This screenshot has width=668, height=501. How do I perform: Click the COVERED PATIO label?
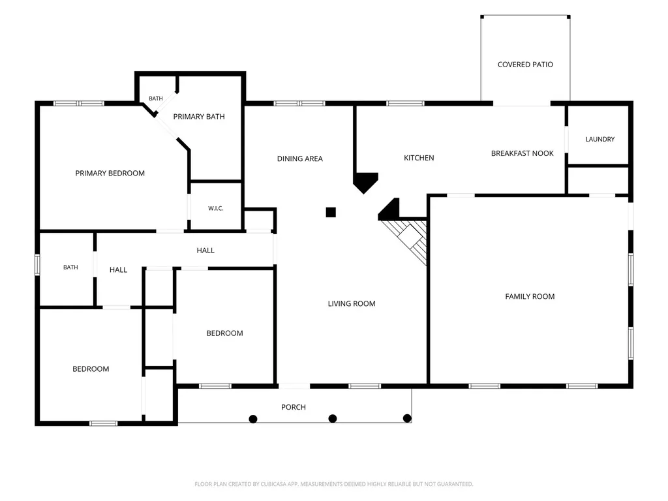click(x=525, y=65)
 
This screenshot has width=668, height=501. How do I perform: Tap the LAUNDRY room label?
click(x=600, y=140)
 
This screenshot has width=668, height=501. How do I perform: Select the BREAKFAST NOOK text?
click(x=523, y=153)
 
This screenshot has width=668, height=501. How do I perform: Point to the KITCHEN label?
click(x=419, y=158)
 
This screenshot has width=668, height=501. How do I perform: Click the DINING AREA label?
click(x=300, y=159)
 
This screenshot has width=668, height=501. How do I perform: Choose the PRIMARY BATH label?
click(x=199, y=117)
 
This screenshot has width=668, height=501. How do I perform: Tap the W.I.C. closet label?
click(x=215, y=208)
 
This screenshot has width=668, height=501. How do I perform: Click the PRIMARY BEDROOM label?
click(x=110, y=174)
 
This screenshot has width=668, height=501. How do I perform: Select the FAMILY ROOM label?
click(x=530, y=297)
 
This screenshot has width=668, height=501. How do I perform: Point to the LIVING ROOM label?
click(x=352, y=304)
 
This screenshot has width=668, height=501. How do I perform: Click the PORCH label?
click(x=294, y=407)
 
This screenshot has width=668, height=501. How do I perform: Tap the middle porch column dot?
click(x=333, y=419)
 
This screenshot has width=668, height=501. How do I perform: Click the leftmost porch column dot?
click(x=253, y=419)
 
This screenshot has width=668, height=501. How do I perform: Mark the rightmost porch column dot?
click(x=407, y=418)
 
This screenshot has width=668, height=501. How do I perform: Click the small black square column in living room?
click(x=331, y=212)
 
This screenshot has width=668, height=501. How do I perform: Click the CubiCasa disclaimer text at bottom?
click(x=333, y=484)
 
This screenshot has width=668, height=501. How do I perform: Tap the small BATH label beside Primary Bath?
click(x=155, y=99)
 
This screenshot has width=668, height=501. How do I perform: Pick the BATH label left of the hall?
click(x=70, y=267)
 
